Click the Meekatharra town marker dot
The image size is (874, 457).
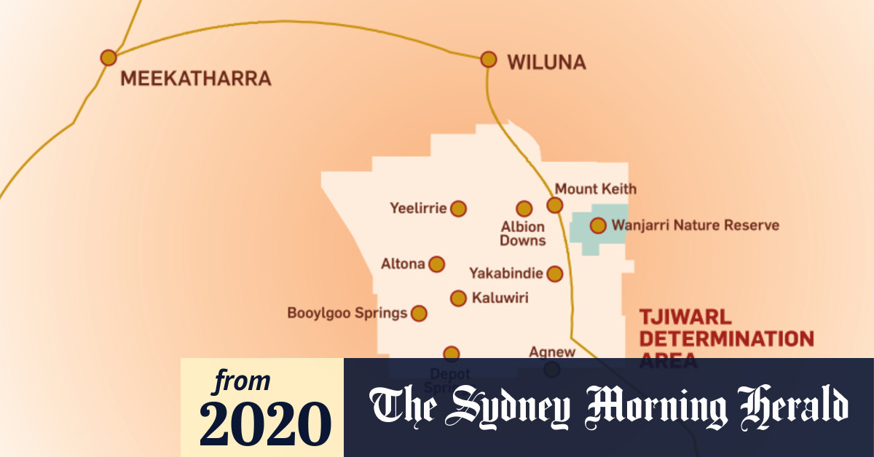109,57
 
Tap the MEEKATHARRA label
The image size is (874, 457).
195,79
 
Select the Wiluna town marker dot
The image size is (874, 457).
489,59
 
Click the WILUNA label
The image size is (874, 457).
546,63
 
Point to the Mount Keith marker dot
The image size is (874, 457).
555,205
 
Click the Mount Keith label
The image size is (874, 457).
595,189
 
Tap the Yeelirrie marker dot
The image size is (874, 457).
458,209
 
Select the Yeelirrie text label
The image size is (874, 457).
417,209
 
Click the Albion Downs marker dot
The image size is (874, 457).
524,209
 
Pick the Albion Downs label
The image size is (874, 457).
523,234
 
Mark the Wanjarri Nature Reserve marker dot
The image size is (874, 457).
598,226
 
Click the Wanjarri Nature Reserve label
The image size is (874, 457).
695,226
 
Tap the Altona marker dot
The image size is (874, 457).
436,264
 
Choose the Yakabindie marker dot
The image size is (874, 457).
555,274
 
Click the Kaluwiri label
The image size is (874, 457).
500,298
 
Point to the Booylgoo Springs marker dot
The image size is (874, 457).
419,314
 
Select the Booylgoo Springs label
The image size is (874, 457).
347,314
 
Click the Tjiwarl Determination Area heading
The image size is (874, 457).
725,338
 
